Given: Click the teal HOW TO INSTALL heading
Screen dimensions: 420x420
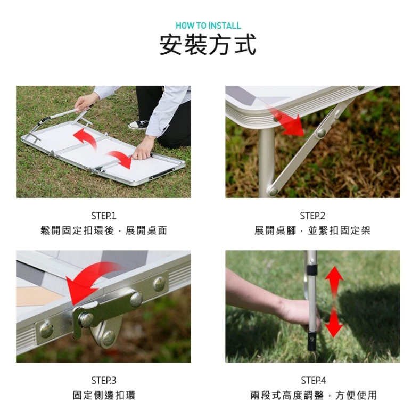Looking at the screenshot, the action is (208, 26).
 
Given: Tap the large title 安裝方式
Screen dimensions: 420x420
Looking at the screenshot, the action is (208, 45).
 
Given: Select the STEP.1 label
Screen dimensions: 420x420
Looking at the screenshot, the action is (104, 216).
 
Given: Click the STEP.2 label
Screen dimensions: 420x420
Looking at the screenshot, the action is (312, 216).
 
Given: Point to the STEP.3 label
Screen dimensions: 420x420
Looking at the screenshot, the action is (104, 381).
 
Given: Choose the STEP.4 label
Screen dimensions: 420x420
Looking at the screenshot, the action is (313, 381).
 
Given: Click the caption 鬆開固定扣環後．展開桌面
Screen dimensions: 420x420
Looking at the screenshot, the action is (104, 230).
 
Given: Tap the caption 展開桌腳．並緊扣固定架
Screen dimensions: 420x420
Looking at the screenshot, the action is (312, 230).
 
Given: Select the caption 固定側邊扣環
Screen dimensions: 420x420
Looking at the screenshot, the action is (104, 395).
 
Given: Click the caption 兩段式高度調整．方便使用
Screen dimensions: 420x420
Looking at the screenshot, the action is (314, 395).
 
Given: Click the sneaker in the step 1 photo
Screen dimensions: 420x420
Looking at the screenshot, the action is (139, 124).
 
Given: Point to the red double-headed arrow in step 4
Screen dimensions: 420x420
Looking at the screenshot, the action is (334, 302).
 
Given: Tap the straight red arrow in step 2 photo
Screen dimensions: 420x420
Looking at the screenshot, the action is (285, 120).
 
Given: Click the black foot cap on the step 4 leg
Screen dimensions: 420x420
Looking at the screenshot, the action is (312, 341).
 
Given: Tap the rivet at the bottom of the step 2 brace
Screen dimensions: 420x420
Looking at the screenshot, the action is (273, 191).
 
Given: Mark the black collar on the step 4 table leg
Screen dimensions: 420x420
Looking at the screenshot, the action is (312, 270).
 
